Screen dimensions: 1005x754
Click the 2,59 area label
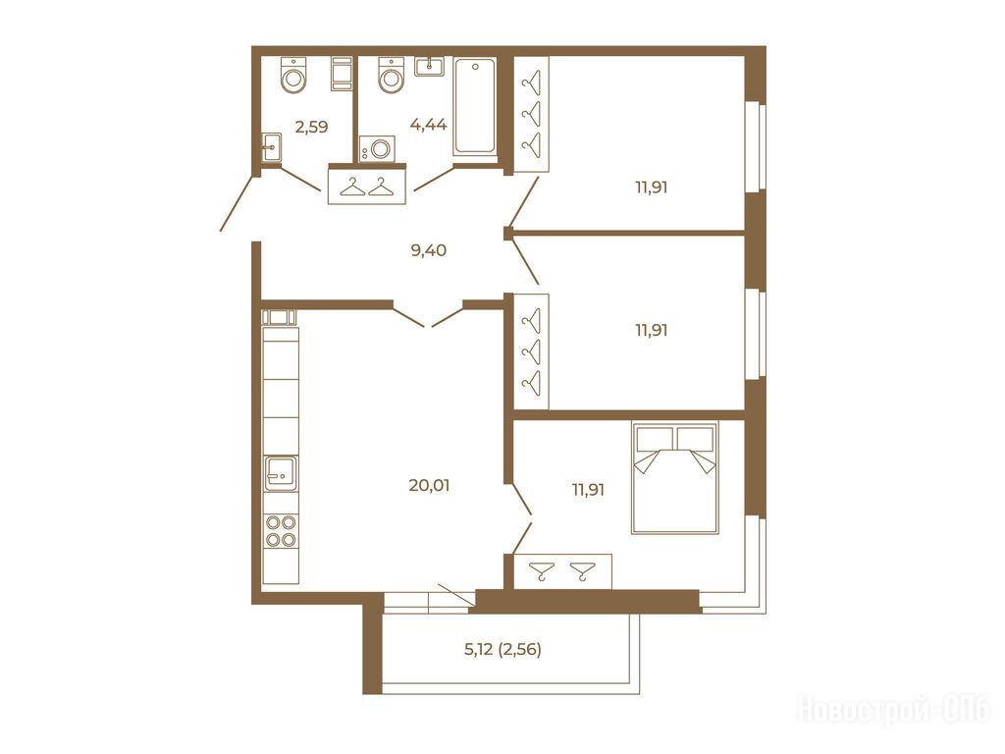(x=311, y=127)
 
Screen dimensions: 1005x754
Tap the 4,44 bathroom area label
(x=428, y=125)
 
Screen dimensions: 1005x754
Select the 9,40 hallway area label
(x=429, y=250)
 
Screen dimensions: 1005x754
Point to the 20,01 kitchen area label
(x=429, y=485)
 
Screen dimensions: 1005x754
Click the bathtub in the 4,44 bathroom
(x=474, y=106)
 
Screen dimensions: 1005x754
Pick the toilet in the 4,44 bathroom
(x=391, y=75)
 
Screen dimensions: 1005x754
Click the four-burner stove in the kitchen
(x=281, y=531)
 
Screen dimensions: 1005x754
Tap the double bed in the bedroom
(x=675, y=477)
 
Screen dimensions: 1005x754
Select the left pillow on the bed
(x=654, y=439)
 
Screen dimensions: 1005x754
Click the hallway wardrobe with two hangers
(x=367, y=185)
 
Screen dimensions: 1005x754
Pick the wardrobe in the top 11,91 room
(x=531, y=114)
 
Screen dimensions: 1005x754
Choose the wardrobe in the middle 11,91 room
(x=531, y=351)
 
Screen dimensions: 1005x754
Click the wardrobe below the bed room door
(x=562, y=570)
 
